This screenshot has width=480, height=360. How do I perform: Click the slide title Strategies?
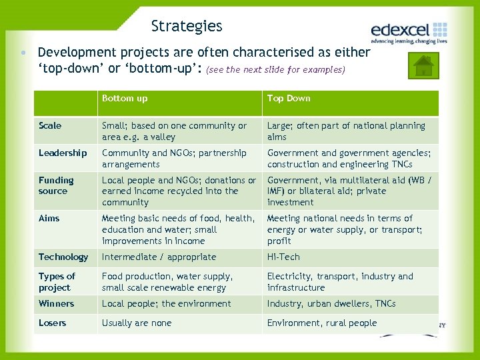[187, 27]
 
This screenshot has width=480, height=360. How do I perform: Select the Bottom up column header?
[125, 99]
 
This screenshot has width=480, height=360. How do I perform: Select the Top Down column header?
[289, 99]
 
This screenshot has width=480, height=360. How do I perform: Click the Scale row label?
[50, 125]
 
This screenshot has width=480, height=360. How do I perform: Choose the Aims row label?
[49, 218]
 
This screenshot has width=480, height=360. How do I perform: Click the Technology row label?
[63, 257]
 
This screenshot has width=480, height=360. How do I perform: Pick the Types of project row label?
[57, 282]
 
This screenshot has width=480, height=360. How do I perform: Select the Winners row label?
[56, 303]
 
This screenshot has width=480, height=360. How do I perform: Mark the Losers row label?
[53, 323]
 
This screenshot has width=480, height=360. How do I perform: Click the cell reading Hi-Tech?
[283, 257]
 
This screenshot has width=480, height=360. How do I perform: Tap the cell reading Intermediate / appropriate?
[159, 257]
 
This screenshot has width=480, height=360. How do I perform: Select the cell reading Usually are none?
[137, 323]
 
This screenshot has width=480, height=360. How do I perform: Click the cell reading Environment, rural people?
[322, 323]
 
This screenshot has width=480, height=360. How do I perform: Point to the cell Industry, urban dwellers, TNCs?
[331, 303]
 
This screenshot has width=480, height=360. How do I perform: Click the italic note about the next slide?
[276, 69]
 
